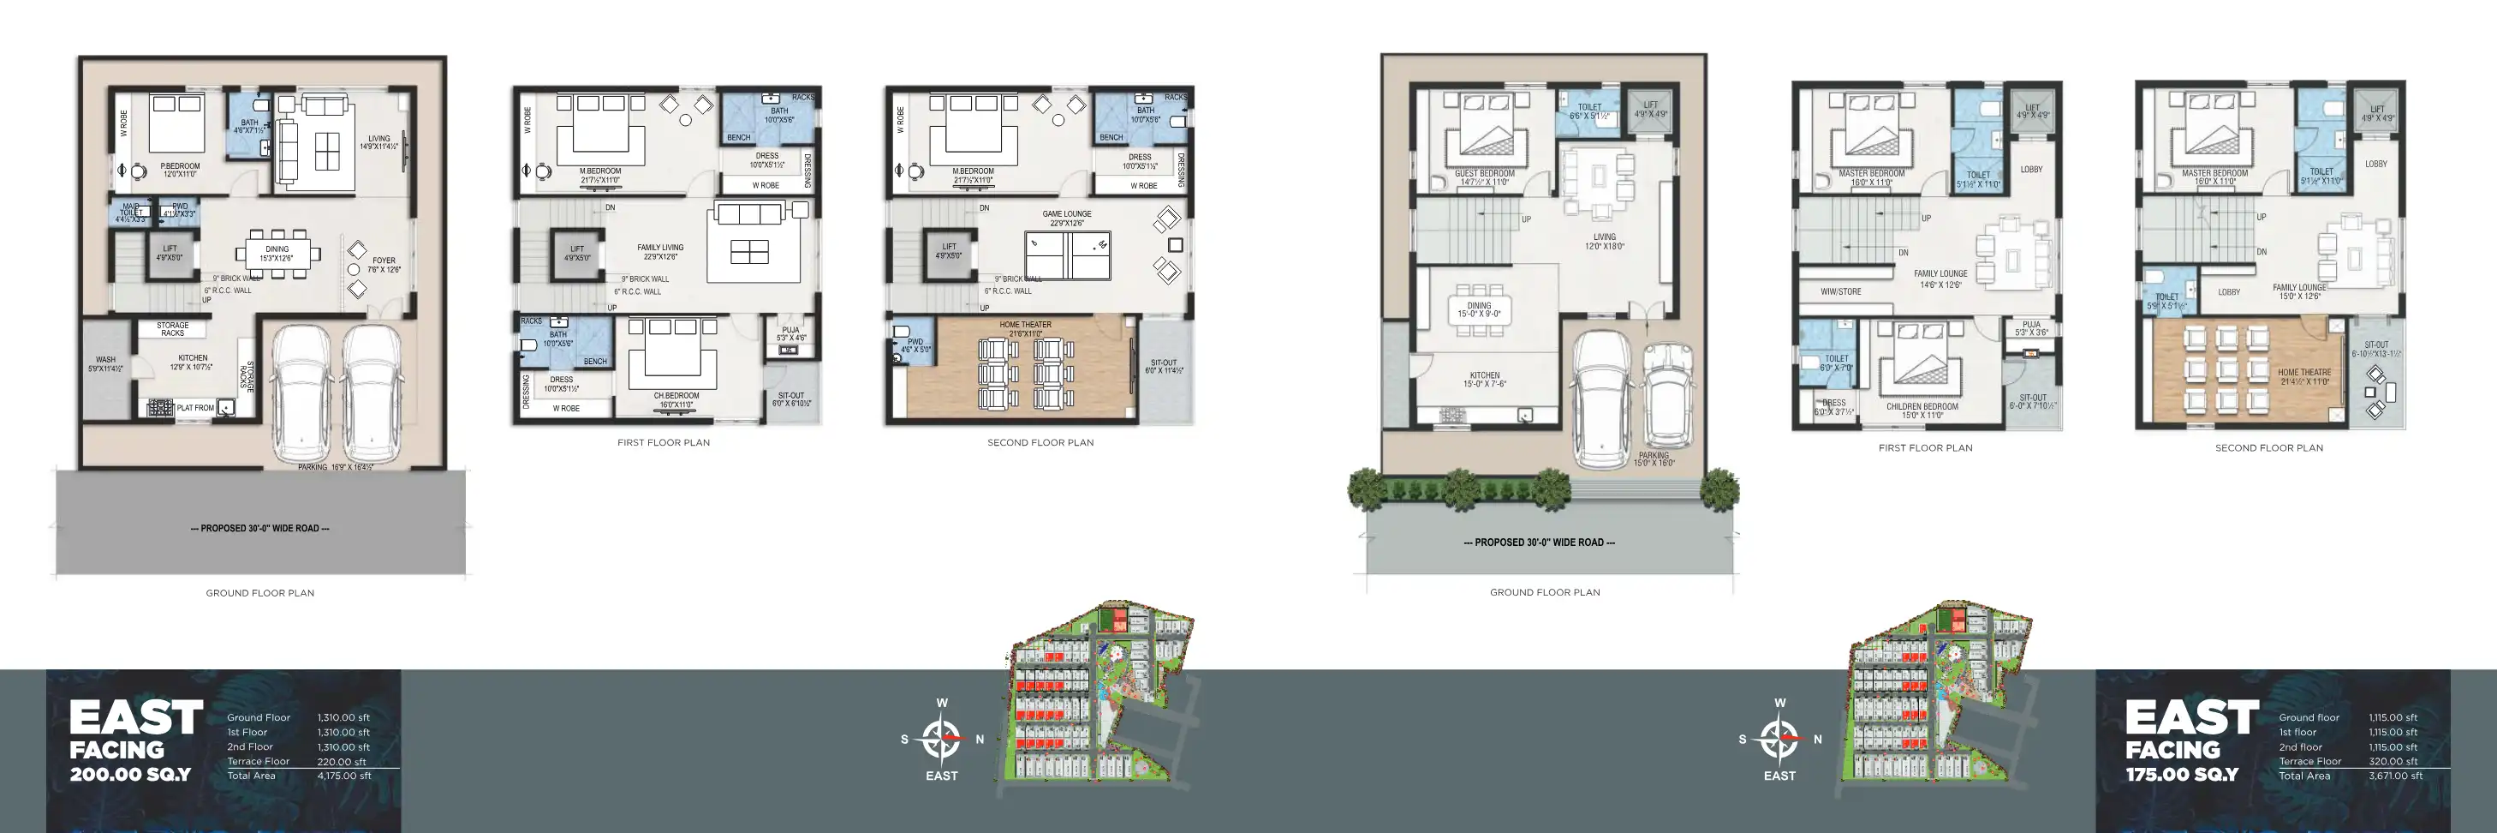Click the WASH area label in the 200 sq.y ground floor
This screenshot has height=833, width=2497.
tap(105, 360)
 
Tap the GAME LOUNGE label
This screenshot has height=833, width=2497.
tap(1066, 214)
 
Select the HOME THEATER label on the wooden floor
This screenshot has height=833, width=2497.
tap(1026, 325)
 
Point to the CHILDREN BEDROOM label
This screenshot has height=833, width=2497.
tap(1922, 406)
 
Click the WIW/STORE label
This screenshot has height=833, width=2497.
tap(1840, 291)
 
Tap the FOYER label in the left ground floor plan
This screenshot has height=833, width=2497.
tap(384, 260)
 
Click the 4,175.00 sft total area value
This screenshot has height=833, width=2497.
tap(343, 776)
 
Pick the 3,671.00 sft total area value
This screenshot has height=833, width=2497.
tap(2394, 776)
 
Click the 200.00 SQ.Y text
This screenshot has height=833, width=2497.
tap(131, 775)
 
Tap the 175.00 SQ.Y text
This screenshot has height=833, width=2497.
tap(2182, 775)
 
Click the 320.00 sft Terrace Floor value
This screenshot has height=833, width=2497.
tap(2393, 761)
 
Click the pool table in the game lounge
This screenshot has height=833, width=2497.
tap(1067, 255)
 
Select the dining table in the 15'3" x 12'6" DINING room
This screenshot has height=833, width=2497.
tap(278, 254)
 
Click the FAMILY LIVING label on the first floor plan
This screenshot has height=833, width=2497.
tap(660, 248)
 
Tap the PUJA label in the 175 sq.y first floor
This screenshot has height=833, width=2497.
tap(2032, 324)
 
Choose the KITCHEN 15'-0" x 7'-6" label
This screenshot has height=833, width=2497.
tap(1484, 375)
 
